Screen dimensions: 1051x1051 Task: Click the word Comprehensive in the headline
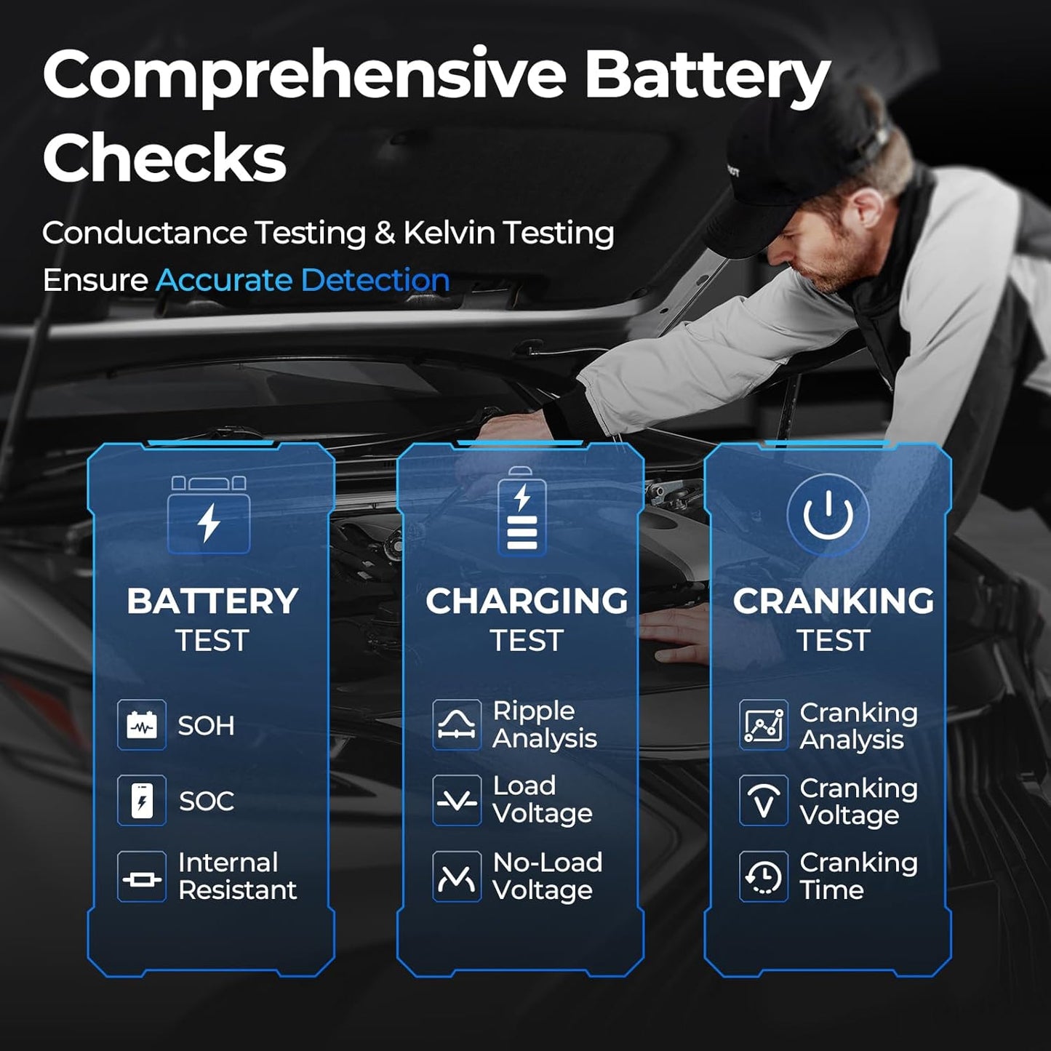click(x=304, y=76)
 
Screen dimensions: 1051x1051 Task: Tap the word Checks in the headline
click(x=164, y=157)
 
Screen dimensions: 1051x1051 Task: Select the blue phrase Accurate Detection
click(x=303, y=280)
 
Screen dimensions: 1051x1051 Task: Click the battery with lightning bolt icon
click(x=209, y=516)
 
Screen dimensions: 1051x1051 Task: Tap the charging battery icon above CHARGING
click(x=521, y=513)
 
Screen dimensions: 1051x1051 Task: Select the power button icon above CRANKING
click(x=828, y=514)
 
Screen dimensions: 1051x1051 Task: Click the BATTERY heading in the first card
click(x=212, y=602)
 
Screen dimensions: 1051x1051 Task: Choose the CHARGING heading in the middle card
click(x=527, y=602)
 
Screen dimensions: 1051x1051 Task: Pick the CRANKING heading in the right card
click(x=834, y=602)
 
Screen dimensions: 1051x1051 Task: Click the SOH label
click(x=207, y=726)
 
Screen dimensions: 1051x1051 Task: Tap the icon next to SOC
click(x=142, y=801)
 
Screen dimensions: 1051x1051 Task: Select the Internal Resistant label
click(x=237, y=876)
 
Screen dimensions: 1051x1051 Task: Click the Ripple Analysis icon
click(x=457, y=725)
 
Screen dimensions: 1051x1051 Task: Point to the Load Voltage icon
click(x=457, y=801)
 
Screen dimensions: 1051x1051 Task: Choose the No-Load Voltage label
click(x=547, y=876)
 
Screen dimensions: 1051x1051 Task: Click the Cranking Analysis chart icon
click(x=764, y=725)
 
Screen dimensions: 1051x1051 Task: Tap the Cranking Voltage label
click(x=858, y=802)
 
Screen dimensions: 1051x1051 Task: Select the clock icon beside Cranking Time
click(x=764, y=876)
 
